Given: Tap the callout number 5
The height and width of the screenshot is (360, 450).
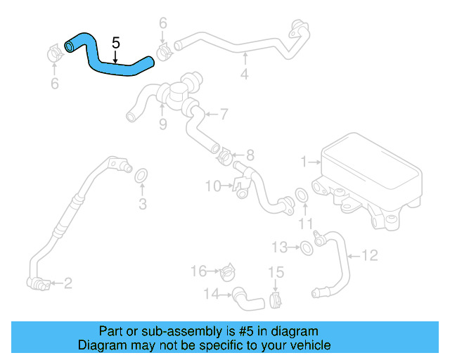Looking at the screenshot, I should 116,44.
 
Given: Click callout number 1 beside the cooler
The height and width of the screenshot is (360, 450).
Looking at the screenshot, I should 304,162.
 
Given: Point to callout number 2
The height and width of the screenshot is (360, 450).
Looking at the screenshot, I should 68,283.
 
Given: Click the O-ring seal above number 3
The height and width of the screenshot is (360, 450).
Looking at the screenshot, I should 141,175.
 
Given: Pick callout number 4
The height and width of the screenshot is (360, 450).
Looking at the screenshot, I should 245,72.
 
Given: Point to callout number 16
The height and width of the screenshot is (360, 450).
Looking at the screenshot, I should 199,271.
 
